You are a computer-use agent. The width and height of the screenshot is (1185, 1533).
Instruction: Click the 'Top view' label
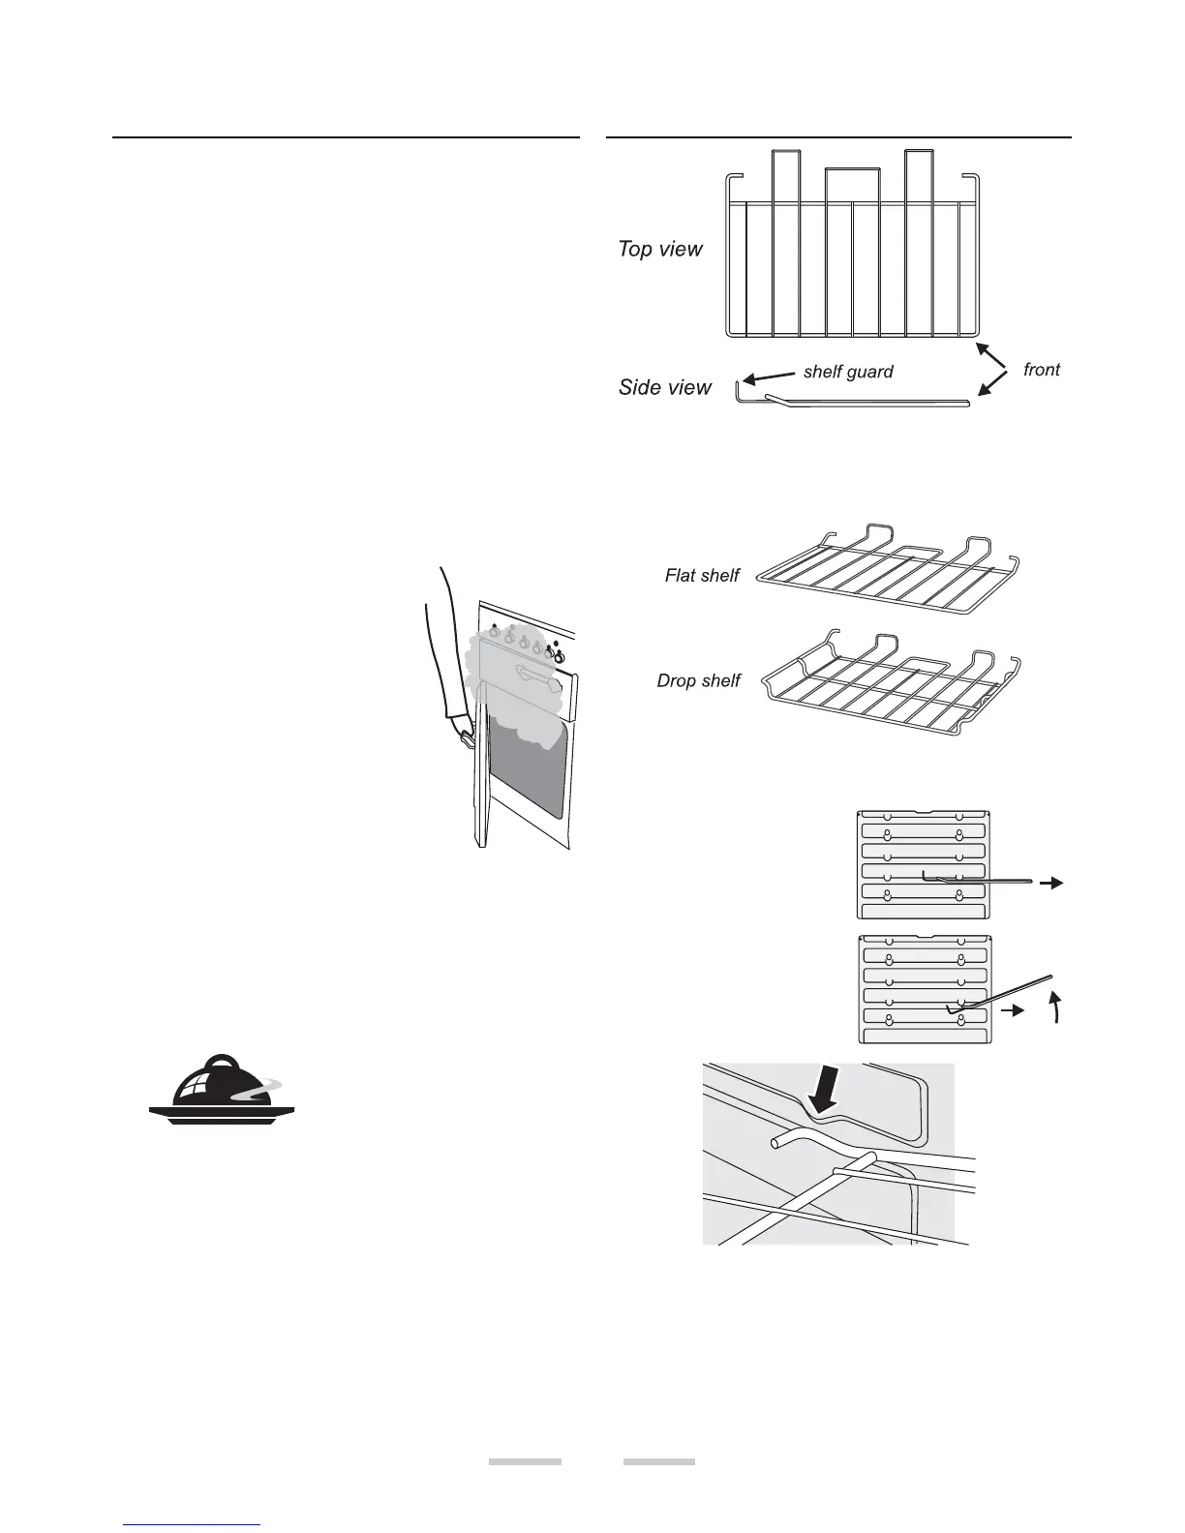[x=660, y=250]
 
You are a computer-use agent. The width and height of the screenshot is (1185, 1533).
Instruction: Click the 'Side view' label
[x=665, y=388]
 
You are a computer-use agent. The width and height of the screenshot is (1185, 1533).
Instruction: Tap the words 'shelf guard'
[x=848, y=372]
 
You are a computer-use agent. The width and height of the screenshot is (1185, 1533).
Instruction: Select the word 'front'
[x=1042, y=370]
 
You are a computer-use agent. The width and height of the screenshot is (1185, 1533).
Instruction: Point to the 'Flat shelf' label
[x=702, y=576]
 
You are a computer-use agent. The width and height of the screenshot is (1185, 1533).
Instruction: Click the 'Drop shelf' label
[x=698, y=681]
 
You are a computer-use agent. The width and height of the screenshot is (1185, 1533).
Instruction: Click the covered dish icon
[x=222, y=1090]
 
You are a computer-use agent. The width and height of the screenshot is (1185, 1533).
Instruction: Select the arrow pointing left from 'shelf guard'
[x=765, y=376]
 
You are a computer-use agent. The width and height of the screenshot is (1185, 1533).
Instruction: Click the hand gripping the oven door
[x=467, y=733]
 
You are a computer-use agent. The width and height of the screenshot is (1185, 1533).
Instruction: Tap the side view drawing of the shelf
[x=852, y=400]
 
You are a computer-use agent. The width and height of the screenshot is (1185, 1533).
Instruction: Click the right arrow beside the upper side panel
[x=1052, y=883]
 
